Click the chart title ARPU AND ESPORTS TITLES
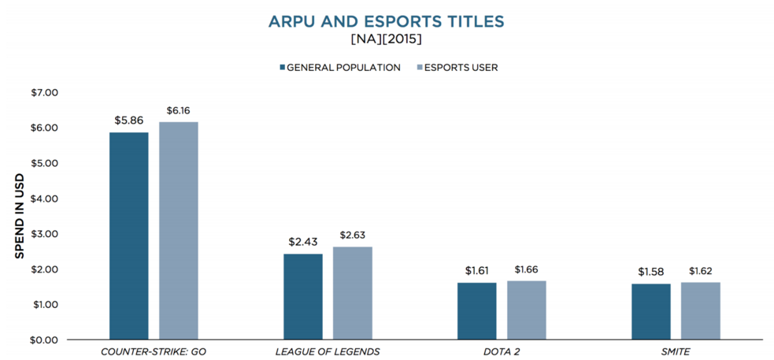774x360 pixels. tap(386, 21)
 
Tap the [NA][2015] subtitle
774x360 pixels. tap(386, 39)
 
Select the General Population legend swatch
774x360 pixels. tap(281, 68)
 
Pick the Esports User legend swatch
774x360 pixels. tap(418, 68)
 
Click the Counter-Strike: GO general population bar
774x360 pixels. tap(129, 236)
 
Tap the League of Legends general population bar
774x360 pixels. tap(303, 296)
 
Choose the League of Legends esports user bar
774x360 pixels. tap(353, 293)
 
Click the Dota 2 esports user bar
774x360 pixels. tap(527, 310)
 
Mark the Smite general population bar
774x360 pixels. tap(651, 311)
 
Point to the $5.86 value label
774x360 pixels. tap(129, 121)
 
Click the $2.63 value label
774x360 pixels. tap(353, 236)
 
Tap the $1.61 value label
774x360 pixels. tap(477, 271)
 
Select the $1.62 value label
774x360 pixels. tap(701, 271)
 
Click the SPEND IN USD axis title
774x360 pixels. tap(20, 215)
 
